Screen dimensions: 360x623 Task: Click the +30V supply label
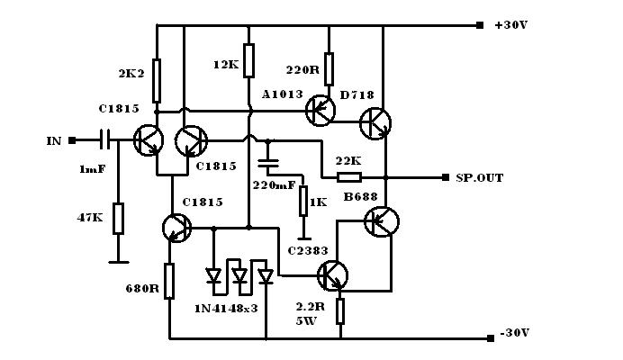pyautogui.click(x=511, y=25)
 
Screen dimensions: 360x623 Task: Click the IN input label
pyautogui.click(x=54, y=141)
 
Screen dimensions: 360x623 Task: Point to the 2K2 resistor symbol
pyautogui.click(x=157, y=81)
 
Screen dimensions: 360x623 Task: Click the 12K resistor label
pyautogui.click(x=225, y=65)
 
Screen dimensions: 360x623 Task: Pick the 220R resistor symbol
pyautogui.click(x=330, y=67)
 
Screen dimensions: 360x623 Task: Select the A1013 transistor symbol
pyautogui.click(x=320, y=111)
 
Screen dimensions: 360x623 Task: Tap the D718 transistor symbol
pyautogui.click(x=375, y=123)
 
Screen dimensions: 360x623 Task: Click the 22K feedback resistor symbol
pyautogui.click(x=348, y=177)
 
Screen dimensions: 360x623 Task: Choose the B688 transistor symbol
pyautogui.click(x=382, y=220)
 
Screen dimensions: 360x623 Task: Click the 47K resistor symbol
pyautogui.click(x=118, y=219)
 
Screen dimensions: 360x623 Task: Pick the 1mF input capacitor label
pyautogui.click(x=92, y=168)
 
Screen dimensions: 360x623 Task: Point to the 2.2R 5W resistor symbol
pyautogui.click(x=340, y=311)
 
